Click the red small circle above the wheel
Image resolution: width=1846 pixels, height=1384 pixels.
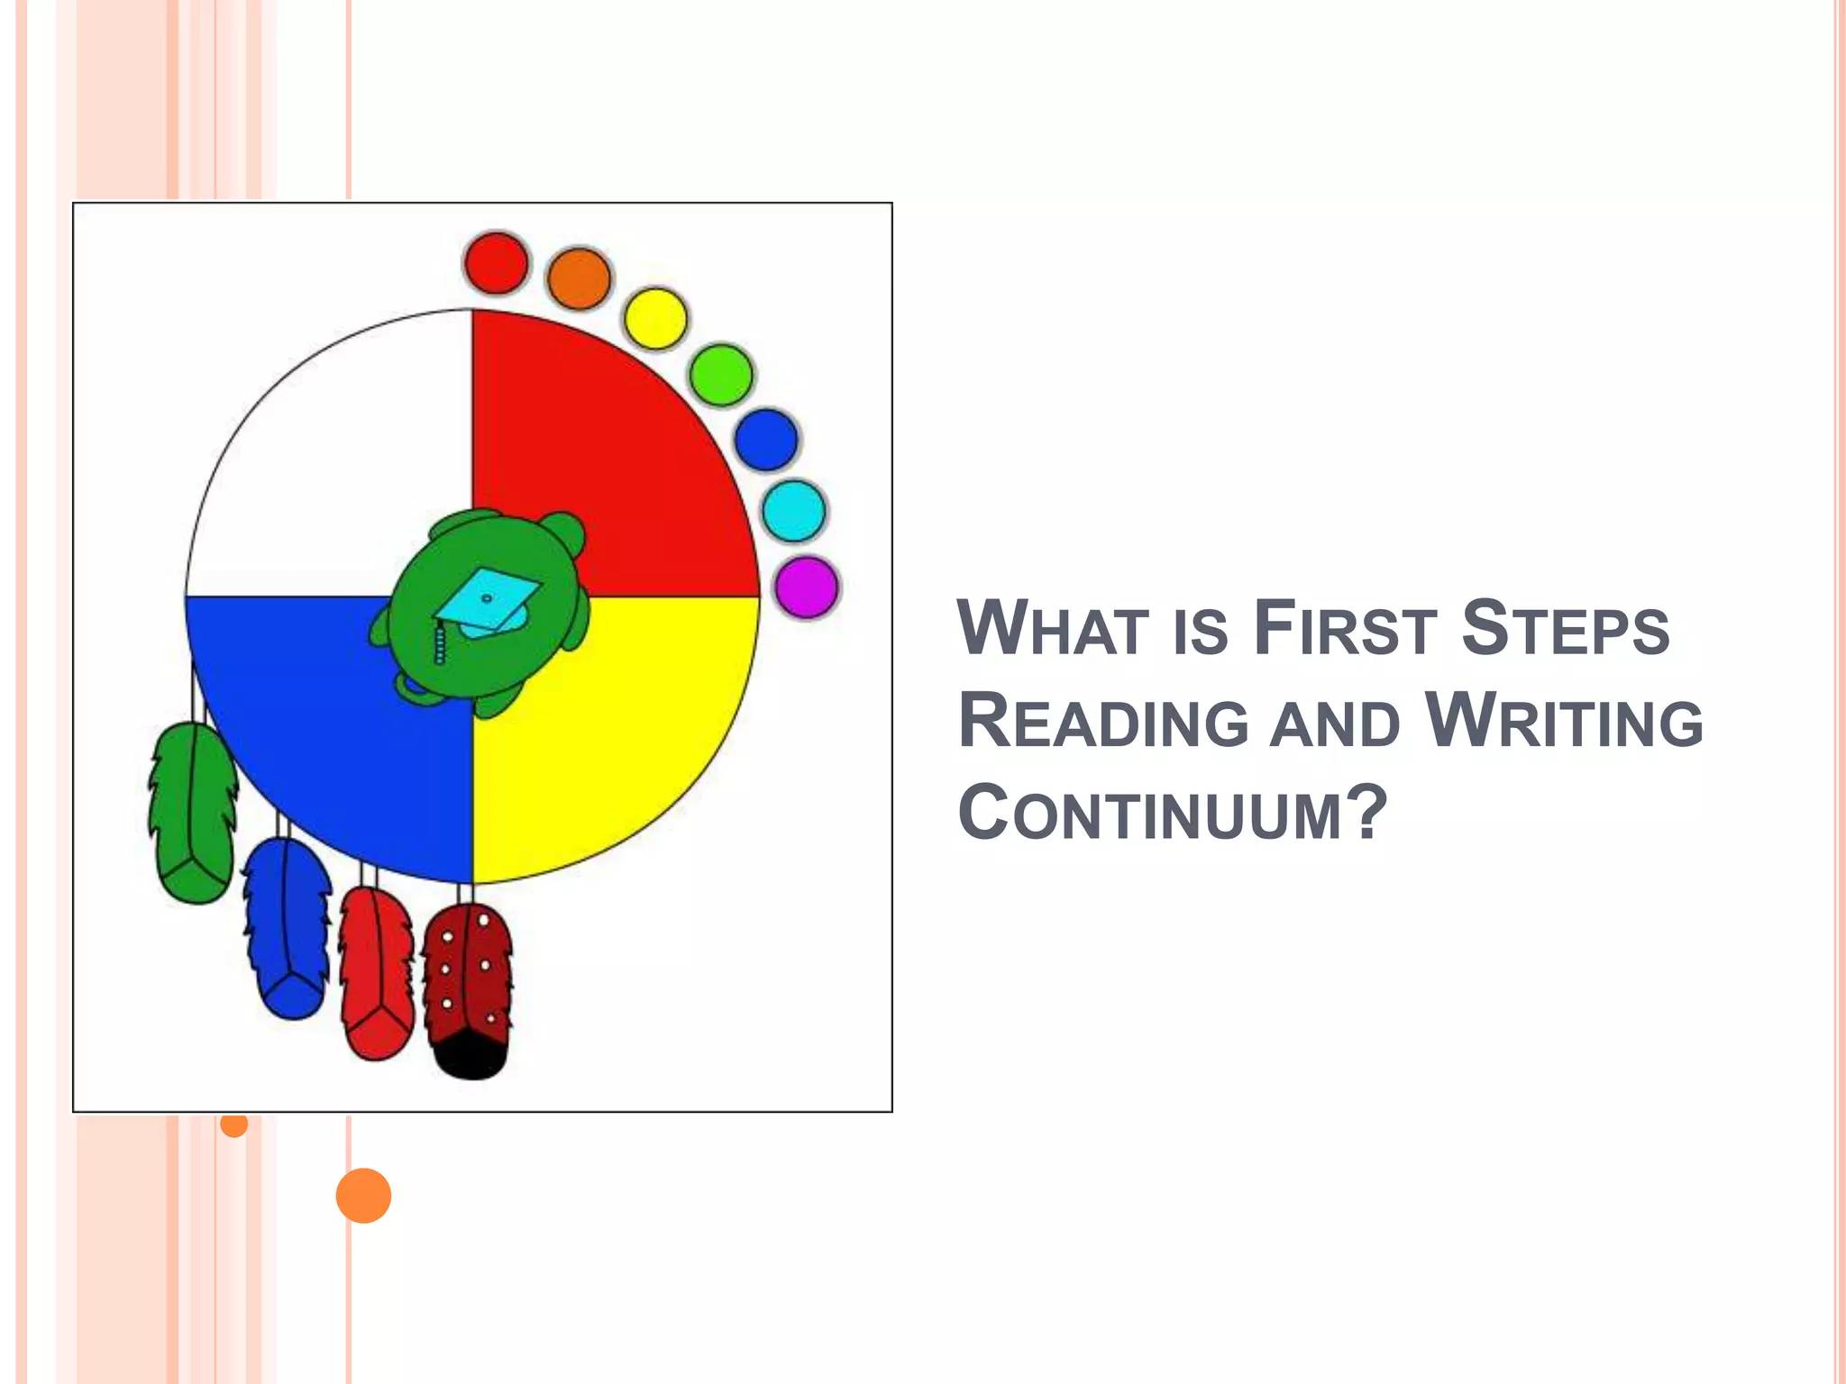point(496,263)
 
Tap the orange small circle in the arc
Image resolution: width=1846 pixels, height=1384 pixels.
point(579,278)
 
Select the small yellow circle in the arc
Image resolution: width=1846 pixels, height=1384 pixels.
point(655,318)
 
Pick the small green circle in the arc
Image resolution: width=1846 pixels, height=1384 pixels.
point(721,375)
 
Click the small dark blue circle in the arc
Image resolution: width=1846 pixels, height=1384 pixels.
point(766,440)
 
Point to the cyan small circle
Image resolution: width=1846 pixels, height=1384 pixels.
point(794,511)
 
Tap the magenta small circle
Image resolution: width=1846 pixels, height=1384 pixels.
point(807,587)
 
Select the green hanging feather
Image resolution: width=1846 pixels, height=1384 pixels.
point(192,811)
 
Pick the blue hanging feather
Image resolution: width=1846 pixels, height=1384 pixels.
point(287,928)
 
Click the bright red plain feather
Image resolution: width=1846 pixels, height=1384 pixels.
point(376,973)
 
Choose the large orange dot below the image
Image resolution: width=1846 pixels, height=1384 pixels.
point(363,1196)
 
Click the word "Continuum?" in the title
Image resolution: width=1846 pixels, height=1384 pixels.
point(1172,814)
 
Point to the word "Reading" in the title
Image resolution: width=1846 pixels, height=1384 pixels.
point(1104,722)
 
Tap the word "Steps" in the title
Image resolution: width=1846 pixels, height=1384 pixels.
point(1566,628)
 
